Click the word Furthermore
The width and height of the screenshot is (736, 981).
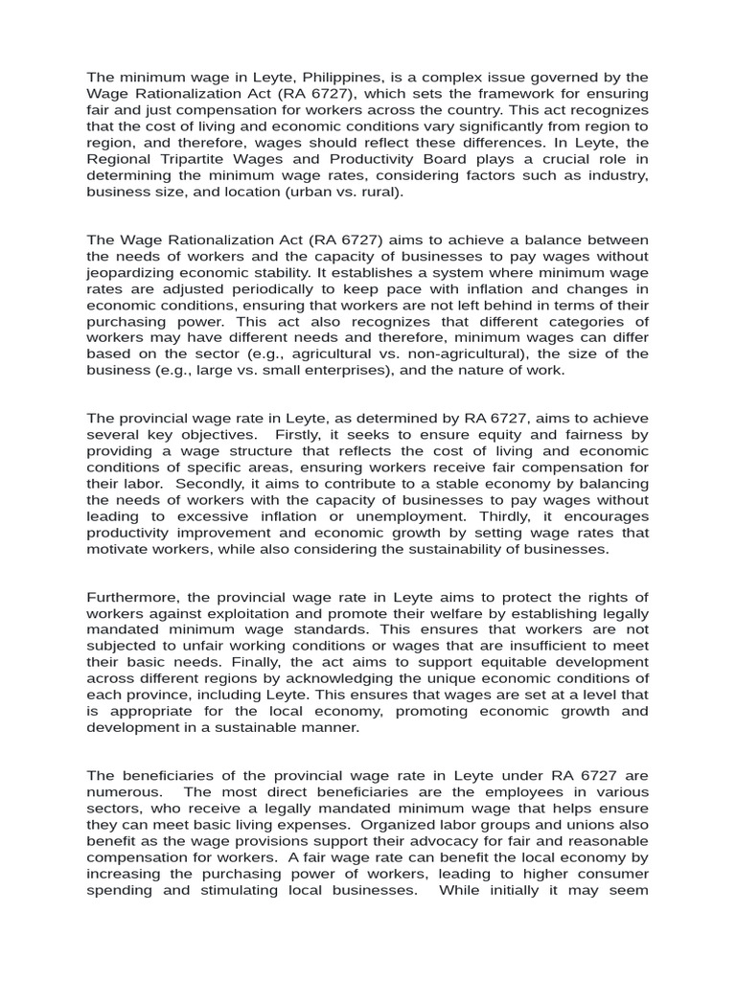coord(133,598)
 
